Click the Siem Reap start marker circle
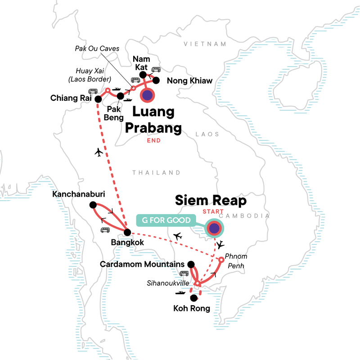(214, 228)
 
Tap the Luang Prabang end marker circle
(148, 95)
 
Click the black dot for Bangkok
(127, 232)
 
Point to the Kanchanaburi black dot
(93, 205)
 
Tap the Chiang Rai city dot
(97, 99)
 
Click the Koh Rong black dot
(194, 298)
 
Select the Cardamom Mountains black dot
(191, 264)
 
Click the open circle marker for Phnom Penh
(221, 260)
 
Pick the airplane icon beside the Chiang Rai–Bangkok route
(99, 153)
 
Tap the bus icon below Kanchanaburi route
(105, 230)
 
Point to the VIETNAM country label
(204, 44)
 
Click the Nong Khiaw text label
(189, 81)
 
